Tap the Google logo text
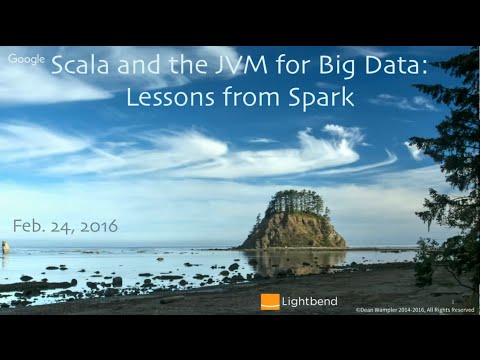tap(27, 59)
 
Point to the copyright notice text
tap(412, 310)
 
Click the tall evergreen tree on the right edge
tap(450, 170)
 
